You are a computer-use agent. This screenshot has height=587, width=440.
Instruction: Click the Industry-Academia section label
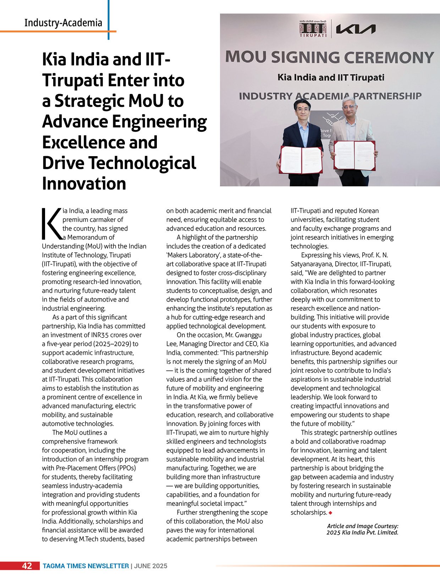pyautogui.click(x=63, y=23)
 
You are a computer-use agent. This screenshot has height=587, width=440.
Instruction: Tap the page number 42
pyautogui.click(x=27, y=566)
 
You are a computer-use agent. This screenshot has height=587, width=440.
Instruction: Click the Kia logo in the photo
pyautogui.click(x=355, y=29)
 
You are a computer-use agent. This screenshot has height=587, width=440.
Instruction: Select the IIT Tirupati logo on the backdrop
pyautogui.click(x=313, y=29)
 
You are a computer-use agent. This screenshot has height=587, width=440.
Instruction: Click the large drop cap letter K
pyautogui.click(x=51, y=224)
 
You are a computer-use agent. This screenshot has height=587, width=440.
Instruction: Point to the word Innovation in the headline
pyautogui.click(x=84, y=183)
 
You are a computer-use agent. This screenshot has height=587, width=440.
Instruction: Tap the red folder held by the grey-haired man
pyautogui.click(x=354, y=155)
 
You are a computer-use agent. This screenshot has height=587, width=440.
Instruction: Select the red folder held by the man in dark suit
pyautogui.click(x=301, y=160)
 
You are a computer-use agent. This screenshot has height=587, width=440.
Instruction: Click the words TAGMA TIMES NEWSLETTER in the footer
pyautogui.click(x=86, y=566)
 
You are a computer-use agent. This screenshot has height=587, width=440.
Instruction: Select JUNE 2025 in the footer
pyautogui.click(x=151, y=566)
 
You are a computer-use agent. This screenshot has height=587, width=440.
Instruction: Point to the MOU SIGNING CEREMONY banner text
pyautogui.click(x=330, y=57)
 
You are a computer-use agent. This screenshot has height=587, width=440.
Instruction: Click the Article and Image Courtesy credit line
pyautogui.click(x=362, y=529)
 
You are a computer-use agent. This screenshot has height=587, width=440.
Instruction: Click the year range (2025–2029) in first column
pyautogui.click(x=112, y=344)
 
